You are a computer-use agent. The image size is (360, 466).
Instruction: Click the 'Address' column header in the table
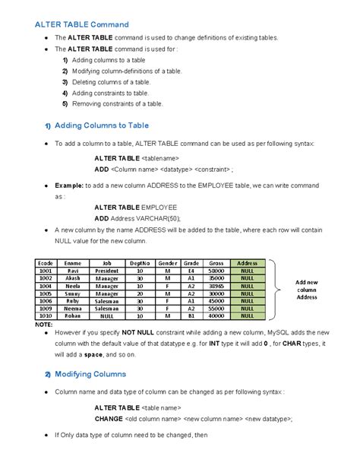247,262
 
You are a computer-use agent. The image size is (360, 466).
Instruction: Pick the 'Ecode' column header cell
46,262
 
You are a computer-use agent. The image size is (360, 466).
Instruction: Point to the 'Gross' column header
216,262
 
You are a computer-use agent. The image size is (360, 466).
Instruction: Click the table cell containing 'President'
107,270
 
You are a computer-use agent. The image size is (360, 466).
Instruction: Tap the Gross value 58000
216,270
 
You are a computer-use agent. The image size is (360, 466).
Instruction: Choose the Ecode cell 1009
46,309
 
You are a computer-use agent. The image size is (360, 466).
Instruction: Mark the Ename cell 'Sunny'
73,293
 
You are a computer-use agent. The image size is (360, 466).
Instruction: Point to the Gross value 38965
216,285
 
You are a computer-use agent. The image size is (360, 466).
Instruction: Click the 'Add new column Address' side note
306,290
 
